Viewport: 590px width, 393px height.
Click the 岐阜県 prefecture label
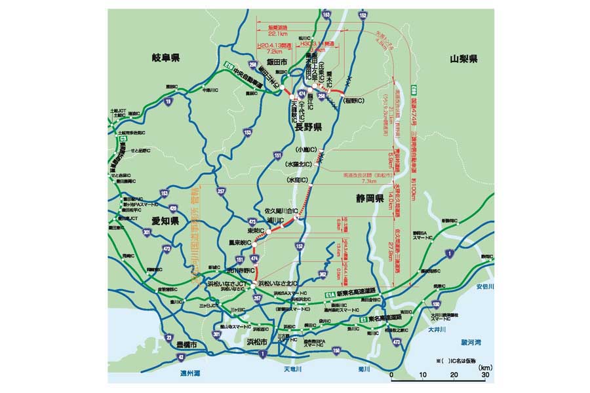coord(161,58)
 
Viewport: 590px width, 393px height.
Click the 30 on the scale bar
coord(485,375)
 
